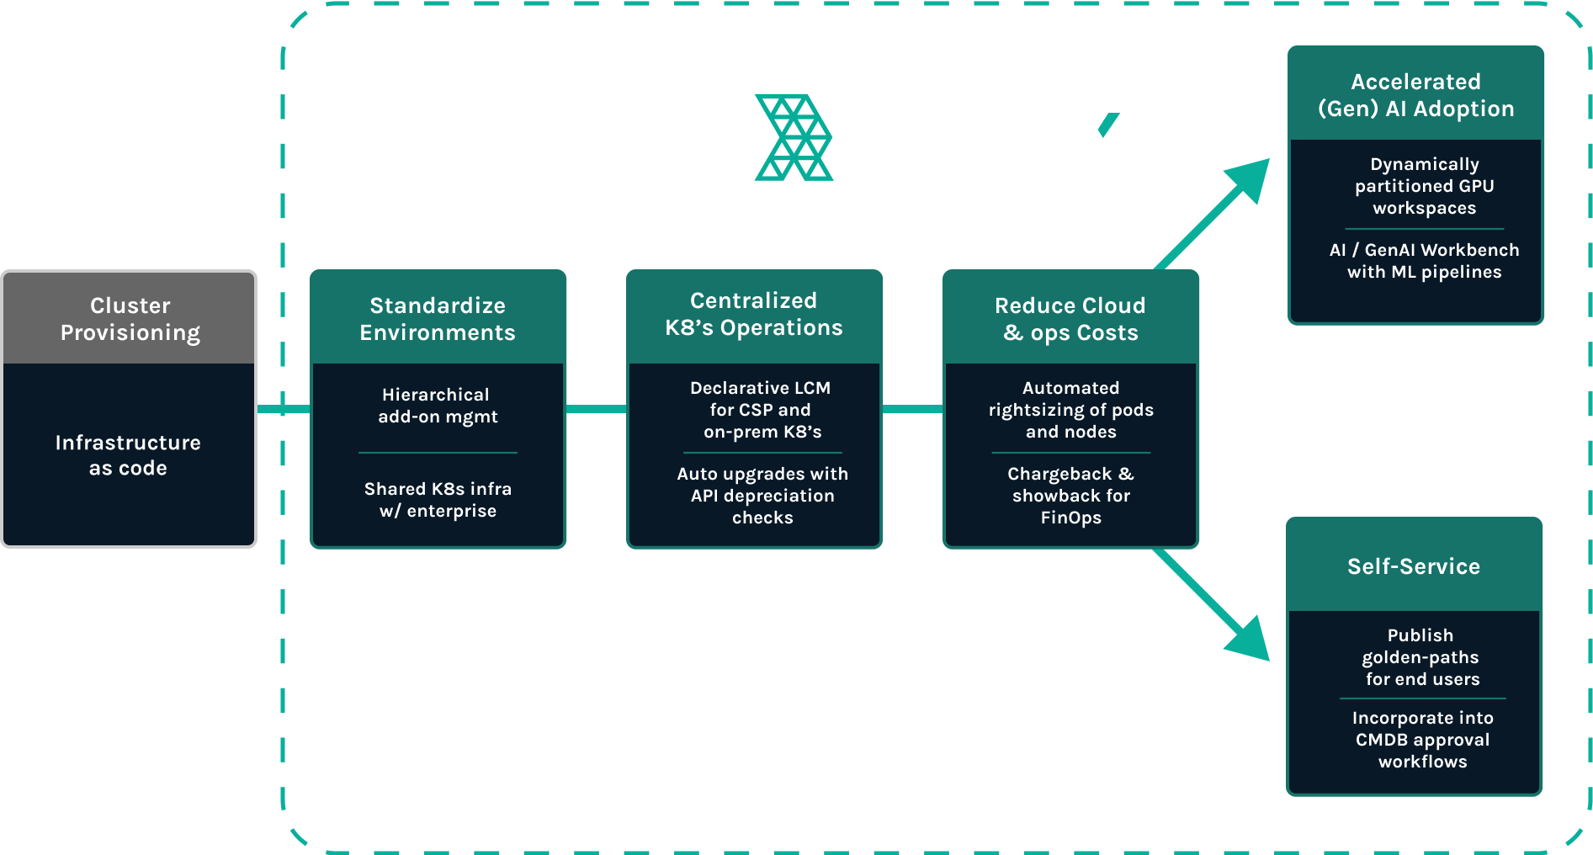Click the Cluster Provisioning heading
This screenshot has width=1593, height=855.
coord(130,319)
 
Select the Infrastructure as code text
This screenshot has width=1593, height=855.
coord(128,455)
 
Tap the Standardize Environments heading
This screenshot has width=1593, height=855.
coord(438,319)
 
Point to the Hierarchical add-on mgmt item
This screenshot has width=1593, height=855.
coord(437,406)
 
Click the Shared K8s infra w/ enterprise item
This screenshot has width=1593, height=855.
coord(438,500)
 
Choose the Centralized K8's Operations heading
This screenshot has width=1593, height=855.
coord(754,314)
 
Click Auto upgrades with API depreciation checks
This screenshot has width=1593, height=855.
coord(762,496)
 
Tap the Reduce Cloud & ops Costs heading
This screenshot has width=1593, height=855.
coord(1070,319)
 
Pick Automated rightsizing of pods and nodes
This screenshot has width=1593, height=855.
coord(1070,410)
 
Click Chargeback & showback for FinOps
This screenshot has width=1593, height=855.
coord(1070,496)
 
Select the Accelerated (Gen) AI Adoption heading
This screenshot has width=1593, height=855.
coord(1416,95)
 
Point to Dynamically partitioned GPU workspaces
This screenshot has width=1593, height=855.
coord(1424,186)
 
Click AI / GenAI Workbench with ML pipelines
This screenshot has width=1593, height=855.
coord(1424,261)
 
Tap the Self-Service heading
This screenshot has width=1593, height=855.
coord(1414,566)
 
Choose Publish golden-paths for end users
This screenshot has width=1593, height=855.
coord(1422,657)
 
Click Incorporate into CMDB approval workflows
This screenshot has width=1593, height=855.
coord(1422,740)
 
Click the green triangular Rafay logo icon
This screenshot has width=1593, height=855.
coord(793,137)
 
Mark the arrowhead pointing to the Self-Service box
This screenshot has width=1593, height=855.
coord(1249,640)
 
